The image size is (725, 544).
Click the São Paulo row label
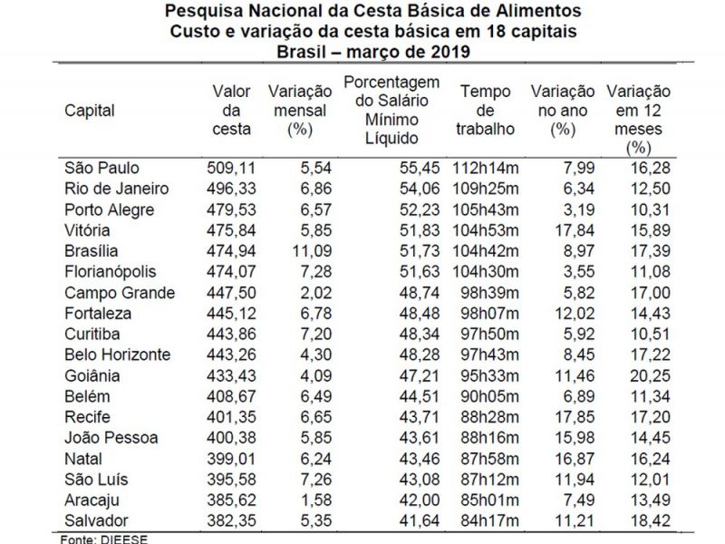click(102, 169)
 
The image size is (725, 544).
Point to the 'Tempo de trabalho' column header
click(486, 111)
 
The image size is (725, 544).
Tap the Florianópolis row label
click(111, 272)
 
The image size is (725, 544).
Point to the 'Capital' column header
click(90, 111)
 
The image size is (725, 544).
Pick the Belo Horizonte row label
click(117, 355)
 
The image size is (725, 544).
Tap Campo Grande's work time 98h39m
click(488, 293)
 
